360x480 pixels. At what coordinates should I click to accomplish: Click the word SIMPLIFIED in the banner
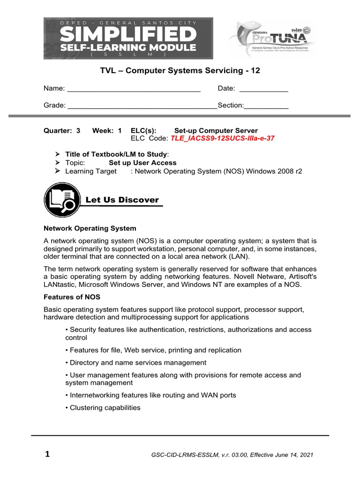pyautogui.click(x=128, y=35)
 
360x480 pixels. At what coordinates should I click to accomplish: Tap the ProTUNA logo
pyautogui.click(x=272, y=40)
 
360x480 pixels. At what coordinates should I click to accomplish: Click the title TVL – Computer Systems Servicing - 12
pyautogui.click(x=180, y=71)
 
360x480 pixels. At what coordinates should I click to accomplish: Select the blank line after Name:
pyautogui.click(x=134, y=89)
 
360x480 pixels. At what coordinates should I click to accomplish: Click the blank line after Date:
pyautogui.click(x=263, y=89)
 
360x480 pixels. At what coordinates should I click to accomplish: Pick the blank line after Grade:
pyautogui.click(x=142, y=106)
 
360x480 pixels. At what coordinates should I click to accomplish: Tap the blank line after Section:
pyautogui.click(x=266, y=106)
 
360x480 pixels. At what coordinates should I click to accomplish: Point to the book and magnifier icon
pyautogui.click(x=61, y=200)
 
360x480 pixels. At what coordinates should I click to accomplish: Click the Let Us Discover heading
pyautogui.click(x=122, y=200)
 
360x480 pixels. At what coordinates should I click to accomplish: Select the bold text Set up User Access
pyautogui.click(x=142, y=163)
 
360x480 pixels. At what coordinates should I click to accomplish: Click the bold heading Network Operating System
pyautogui.click(x=90, y=228)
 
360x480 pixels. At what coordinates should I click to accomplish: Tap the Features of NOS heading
pyautogui.click(x=72, y=297)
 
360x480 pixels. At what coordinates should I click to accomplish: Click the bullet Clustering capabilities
pyautogui.click(x=105, y=407)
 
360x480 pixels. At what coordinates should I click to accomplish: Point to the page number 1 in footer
pyautogui.click(x=47, y=454)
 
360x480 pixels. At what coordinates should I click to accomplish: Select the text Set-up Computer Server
pyautogui.click(x=216, y=131)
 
